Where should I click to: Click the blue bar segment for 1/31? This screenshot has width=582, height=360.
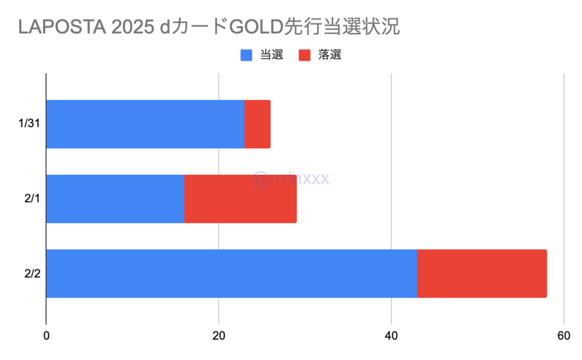pos(145,124)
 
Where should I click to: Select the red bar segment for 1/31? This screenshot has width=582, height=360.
pos(257,124)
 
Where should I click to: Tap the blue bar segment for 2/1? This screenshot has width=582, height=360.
pos(115,198)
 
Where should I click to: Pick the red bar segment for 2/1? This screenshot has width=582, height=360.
pos(240,198)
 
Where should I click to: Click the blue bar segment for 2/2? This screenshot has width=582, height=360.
pos(231,273)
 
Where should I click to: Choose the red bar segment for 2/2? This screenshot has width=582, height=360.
pos(482,273)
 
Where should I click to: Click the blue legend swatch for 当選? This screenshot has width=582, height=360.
pos(247,55)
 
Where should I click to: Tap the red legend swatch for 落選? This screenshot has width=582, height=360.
pos(305,55)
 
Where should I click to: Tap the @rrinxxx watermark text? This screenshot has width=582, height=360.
pos(290,180)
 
